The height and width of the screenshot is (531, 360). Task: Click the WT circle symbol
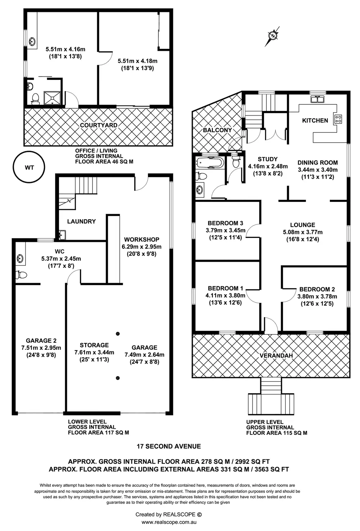(x=29, y=168)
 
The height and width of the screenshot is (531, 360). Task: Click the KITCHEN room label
(x=315, y=121)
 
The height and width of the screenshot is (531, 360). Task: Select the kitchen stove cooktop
(x=338, y=119)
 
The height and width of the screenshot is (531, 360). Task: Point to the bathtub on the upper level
(x=210, y=163)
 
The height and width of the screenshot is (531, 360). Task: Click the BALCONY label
(x=217, y=130)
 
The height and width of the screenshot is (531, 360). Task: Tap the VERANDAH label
(x=276, y=356)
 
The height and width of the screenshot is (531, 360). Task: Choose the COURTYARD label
(x=98, y=125)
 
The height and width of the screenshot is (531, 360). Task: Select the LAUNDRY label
(x=81, y=221)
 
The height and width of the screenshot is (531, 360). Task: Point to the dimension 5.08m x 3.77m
(x=302, y=232)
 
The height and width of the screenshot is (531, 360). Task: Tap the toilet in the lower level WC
(x=22, y=275)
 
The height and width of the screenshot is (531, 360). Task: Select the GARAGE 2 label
(x=41, y=341)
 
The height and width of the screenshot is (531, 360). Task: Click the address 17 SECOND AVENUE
(x=168, y=446)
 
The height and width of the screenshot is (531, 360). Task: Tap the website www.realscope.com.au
(x=171, y=522)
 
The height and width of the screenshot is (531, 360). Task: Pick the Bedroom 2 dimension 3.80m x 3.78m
(x=317, y=297)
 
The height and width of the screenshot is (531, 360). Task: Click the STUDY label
(x=267, y=159)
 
